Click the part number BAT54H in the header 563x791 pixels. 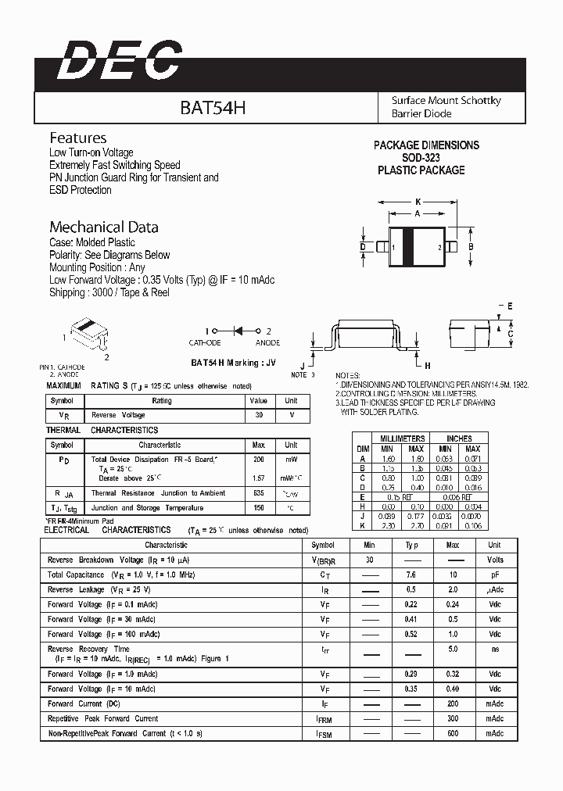[213, 108]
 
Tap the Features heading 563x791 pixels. [78, 138]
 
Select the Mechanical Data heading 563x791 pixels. [104, 227]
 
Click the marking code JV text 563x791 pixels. [271, 363]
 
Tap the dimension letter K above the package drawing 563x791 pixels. [418, 201]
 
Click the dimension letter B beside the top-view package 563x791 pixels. [471, 247]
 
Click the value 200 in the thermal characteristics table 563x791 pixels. [258, 460]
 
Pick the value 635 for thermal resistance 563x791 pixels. [258, 493]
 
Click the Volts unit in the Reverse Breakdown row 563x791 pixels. [495, 560]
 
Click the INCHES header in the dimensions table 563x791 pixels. [459, 438]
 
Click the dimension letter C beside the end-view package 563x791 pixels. [510, 335]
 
